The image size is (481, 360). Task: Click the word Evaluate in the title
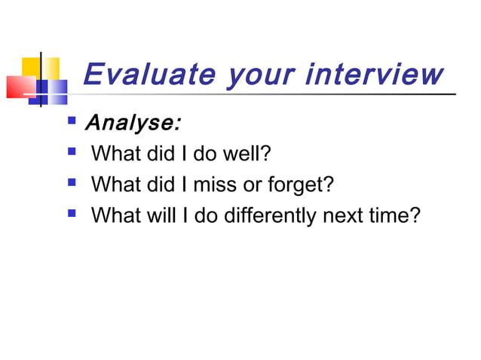(x=140, y=75)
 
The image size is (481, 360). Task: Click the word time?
(x=396, y=216)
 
